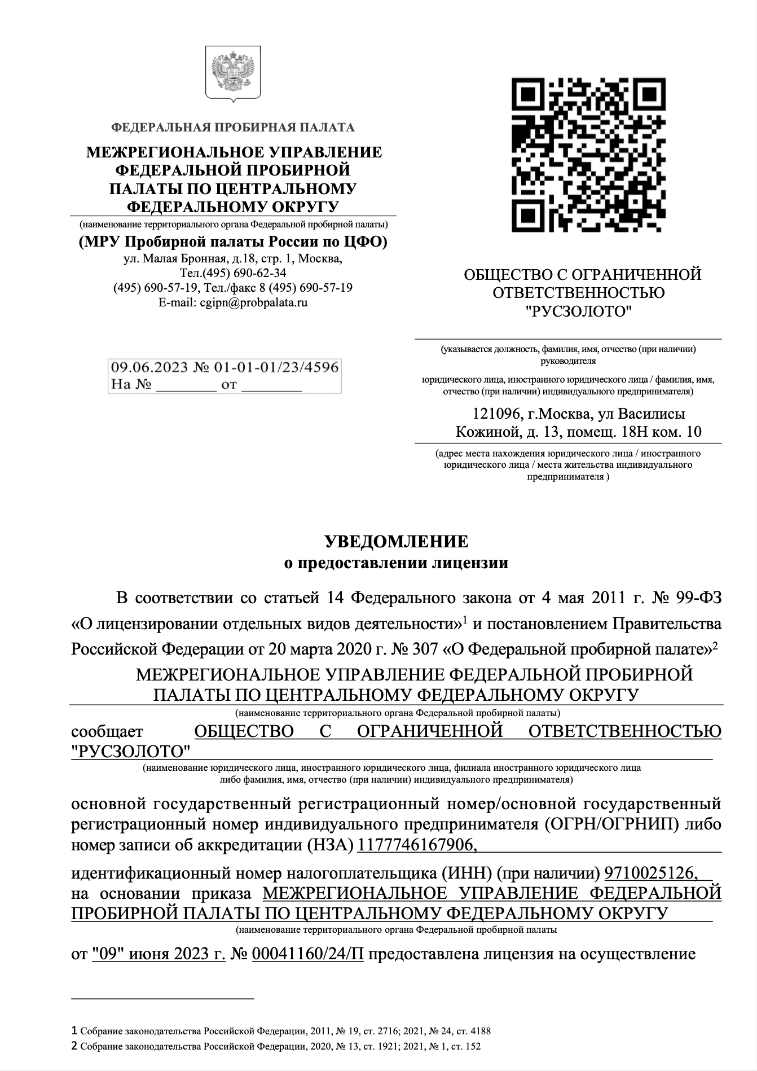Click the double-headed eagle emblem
click(233, 76)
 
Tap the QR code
click(588, 155)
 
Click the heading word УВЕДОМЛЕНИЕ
click(396, 542)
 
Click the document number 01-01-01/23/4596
click(276, 367)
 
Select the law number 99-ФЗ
click(698, 596)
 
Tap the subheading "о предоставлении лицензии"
click(396, 563)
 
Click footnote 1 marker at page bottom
click(74, 1030)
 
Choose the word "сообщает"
click(108, 731)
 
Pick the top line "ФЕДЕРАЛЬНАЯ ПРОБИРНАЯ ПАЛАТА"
click(233, 128)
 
